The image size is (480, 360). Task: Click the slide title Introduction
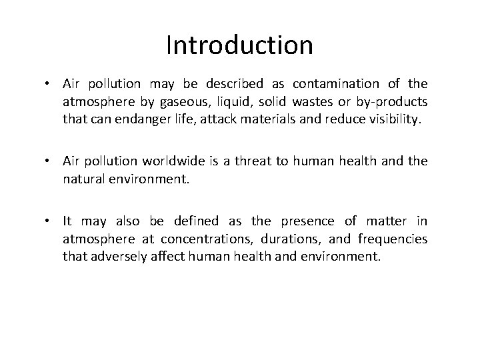point(239,45)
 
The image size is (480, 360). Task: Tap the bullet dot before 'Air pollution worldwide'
point(52,161)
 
